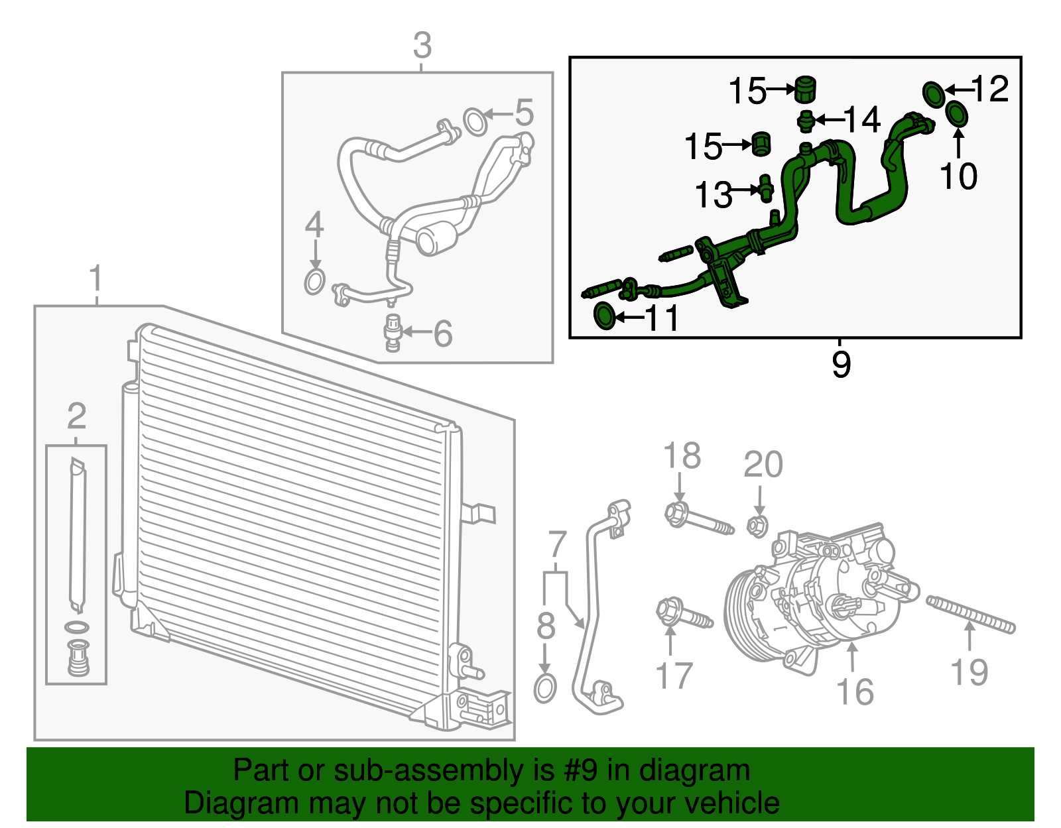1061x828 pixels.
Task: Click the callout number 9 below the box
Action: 841,365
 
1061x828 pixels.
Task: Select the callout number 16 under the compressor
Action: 855,691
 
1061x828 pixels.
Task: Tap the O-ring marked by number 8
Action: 544,689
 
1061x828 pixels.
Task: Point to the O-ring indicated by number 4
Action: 315,282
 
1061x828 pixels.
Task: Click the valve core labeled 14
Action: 806,121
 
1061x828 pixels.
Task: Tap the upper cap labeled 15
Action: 805,89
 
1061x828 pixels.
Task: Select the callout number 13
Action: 713,195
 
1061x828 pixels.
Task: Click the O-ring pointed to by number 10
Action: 957,114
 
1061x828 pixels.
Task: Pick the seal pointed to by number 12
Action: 934,93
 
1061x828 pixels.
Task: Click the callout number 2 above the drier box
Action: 76,416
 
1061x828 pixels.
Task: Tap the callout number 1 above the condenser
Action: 96,278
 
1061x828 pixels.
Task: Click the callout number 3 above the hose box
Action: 422,46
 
